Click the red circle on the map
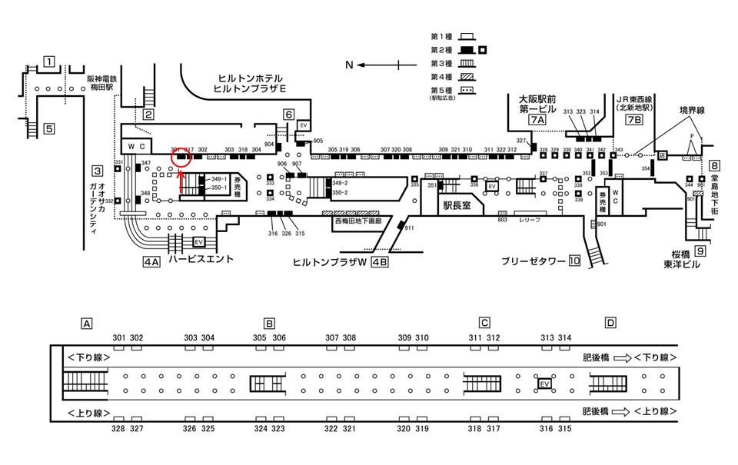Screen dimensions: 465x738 [182, 158]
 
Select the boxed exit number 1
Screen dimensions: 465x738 [49, 62]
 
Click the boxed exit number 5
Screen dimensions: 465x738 [49, 128]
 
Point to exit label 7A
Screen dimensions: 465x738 [537, 121]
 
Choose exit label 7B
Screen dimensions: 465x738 [633, 121]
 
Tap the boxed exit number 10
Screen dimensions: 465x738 [573, 261]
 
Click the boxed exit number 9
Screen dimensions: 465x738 [700, 251]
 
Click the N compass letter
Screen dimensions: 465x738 [349, 65]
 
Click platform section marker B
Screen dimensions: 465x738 [269, 323]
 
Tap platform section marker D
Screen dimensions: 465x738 [610, 323]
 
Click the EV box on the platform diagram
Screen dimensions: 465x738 [545, 383]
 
